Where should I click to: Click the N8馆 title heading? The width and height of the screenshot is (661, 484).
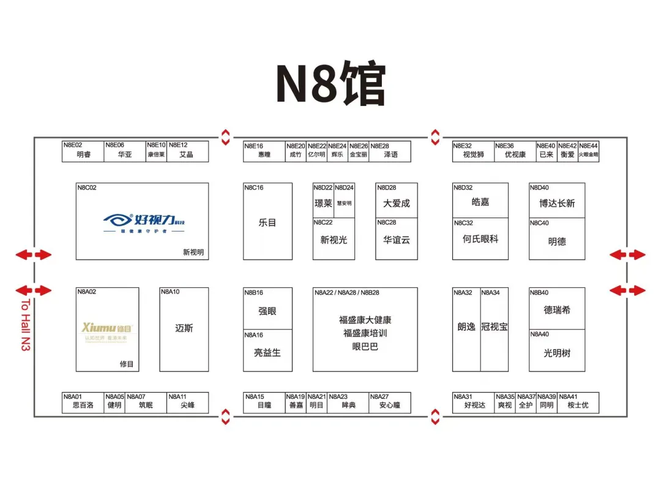point(330,83)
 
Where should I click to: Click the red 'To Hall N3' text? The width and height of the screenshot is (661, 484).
point(25,325)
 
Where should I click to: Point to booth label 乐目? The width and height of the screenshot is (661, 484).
point(267,223)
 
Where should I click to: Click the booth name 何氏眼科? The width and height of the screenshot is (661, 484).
point(480,239)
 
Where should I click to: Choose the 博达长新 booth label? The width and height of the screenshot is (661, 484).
point(557,203)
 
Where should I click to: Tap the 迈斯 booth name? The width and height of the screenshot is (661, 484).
point(184,328)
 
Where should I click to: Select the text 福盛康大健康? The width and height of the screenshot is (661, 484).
point(365,320)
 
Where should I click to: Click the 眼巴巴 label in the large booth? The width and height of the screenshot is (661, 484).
point(365,347)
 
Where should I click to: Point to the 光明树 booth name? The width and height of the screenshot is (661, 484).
point(557,353)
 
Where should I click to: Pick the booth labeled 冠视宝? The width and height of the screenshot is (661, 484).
point(494,327)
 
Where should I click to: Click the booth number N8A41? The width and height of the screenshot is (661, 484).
point(568,397)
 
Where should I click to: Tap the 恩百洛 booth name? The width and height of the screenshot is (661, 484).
point(83,405)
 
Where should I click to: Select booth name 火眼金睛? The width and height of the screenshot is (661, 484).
point(588,155)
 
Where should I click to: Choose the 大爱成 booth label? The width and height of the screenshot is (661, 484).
point(397,203)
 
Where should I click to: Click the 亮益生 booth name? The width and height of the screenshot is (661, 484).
point(267,353)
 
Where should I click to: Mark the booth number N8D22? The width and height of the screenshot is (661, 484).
point(323,187)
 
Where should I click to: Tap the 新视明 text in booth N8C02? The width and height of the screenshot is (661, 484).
point(193,252)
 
